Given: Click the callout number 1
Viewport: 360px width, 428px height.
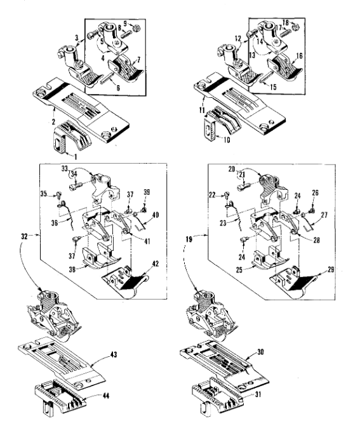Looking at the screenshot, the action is [x=76, y=157].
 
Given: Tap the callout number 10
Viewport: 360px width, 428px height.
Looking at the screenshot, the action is [x=227, y=140].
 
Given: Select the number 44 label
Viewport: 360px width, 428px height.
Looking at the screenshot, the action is [x=105, y=396].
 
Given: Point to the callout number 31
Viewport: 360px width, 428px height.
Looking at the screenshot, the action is [x=257, y=394].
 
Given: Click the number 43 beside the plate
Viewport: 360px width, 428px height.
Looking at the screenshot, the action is [x=114, y=354].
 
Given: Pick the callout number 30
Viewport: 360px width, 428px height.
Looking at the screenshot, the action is [x=260, y=352].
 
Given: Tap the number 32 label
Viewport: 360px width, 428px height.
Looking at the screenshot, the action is [x=24, y=236].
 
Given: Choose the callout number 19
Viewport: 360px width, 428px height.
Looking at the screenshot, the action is [x=189, y=239].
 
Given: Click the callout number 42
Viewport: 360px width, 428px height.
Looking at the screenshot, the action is [x=155, y=264].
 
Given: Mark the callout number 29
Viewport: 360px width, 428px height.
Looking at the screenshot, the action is [x=331, y=269].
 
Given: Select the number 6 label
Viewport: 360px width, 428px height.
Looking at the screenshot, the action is [x=118, y=88].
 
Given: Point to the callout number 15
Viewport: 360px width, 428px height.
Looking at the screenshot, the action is [x=273, y=87].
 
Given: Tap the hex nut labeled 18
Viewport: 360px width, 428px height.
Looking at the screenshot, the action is [x=296, y=27].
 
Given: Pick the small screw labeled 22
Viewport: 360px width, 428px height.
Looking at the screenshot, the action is [x=227, y=194].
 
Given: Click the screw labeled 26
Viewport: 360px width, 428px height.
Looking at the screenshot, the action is [x=312, y=210].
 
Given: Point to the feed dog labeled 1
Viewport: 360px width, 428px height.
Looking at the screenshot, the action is [x=72, y=136].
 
